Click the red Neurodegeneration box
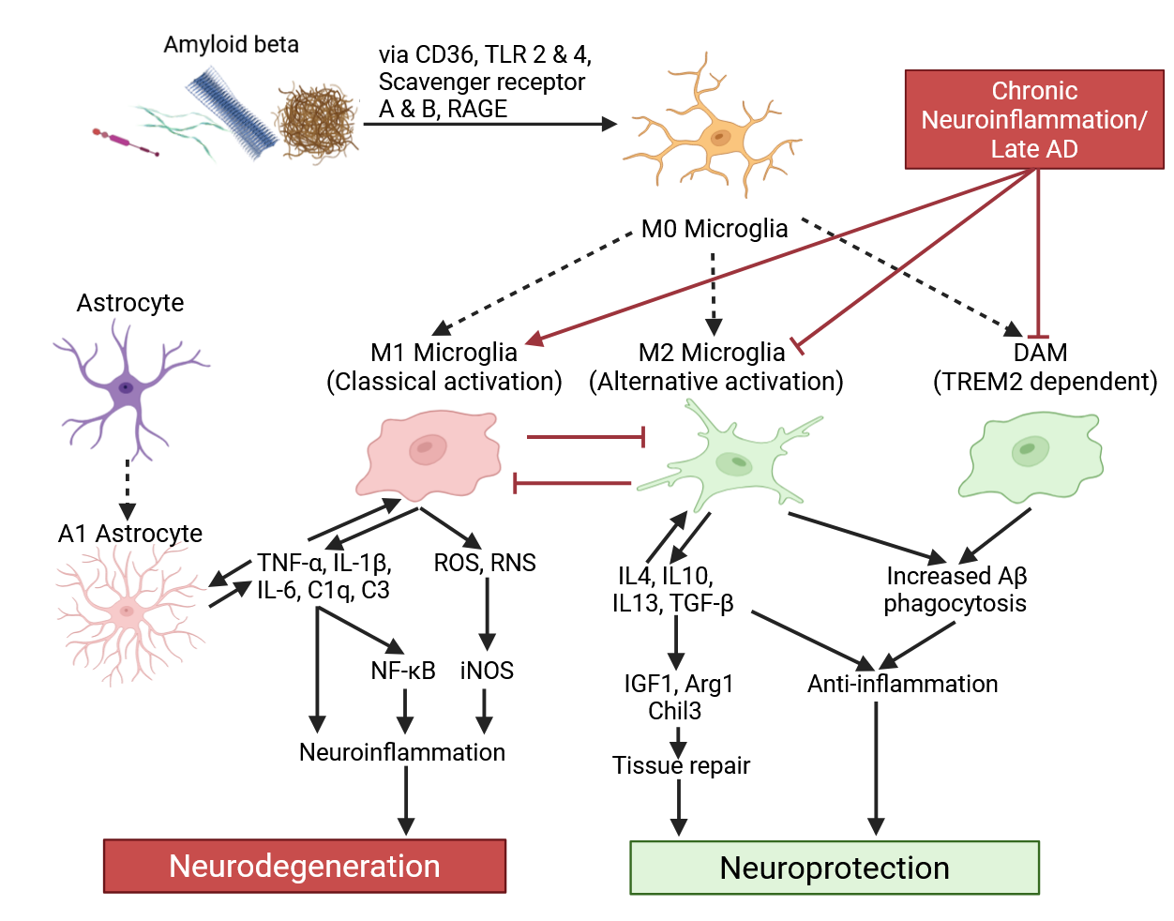tap(305, 866)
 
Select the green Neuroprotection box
tap(835, 868)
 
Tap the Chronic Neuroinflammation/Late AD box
tap(1034, 119)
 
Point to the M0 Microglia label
tap(715, 229)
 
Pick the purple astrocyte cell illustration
tap(128, 386)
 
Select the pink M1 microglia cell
tap(428, 453)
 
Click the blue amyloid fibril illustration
tap(232, 113)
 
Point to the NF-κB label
tap(403, 671)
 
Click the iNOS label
tap(487, 671)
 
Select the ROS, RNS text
tap(485, 563)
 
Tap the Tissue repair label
tap(681, 765)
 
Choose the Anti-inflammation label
tap(902, 684)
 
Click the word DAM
tap(1040, 353)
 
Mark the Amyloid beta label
tap(232, 44)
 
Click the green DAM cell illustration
tap(1031, 454)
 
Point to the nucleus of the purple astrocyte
tap(126, 387)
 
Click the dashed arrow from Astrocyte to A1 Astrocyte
tap(128, 489)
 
